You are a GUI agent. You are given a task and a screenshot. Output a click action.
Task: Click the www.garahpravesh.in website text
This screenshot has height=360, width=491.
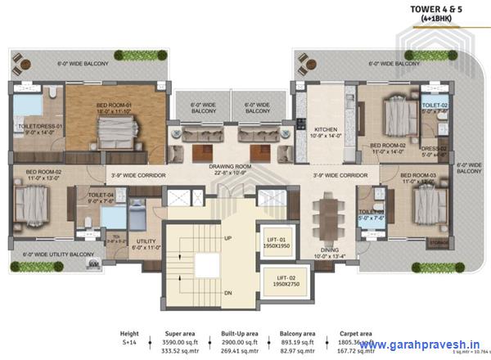[418, 344]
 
